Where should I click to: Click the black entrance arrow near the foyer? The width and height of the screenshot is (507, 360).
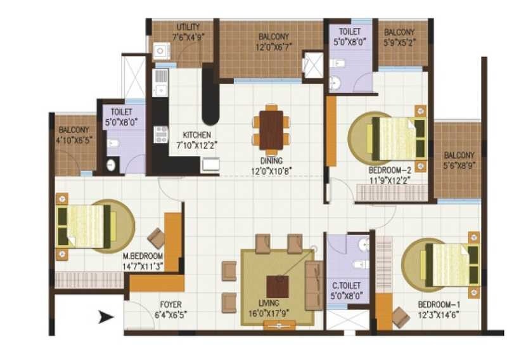coord(105,317)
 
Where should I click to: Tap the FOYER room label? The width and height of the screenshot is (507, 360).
coord(170,304)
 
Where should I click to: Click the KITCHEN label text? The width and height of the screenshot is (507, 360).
coord(196,134)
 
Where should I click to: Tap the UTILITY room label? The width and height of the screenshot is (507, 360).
coord(188,27)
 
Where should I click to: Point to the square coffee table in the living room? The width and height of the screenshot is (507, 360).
coord(277,286)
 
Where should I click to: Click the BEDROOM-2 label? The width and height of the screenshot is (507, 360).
coord(390,170)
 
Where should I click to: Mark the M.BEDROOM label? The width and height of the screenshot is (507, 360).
coord(143,257)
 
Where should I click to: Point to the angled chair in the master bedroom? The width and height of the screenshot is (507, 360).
coord(155,238)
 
